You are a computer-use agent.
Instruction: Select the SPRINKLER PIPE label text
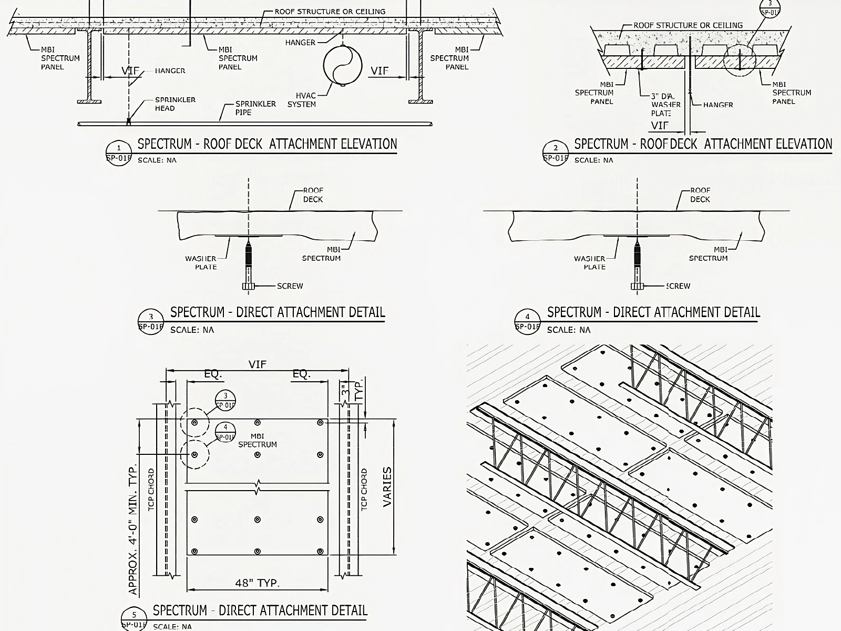[255, 108]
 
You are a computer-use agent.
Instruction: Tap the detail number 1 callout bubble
[118, 152]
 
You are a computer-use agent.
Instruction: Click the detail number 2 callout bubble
[556, 152]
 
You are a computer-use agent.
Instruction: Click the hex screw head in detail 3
[249, 286]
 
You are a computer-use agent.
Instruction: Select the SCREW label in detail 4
[678, 286]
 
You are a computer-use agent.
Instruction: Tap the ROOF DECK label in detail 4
[700, 195]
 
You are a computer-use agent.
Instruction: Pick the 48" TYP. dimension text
[257, 583]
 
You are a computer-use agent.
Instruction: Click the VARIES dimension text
[387, 486]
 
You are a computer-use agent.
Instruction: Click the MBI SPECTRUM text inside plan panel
[257, 440]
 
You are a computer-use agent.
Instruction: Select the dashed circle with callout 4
[194, 454]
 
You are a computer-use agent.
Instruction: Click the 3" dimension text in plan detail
[345, 391]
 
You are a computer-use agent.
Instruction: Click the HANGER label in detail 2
[718, 105]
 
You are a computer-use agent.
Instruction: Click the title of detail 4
[653, 312]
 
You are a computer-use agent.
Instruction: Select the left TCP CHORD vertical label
[151, 489]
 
